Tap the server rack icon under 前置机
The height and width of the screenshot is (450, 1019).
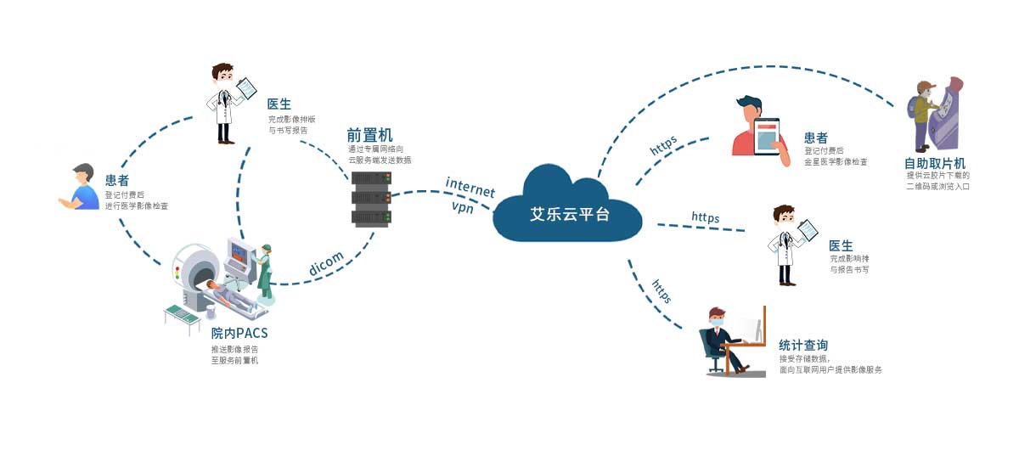click(x=371, y=198)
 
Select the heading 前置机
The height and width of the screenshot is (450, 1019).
click(x=369, y=135)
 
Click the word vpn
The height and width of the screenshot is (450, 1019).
click(x=464, y=206)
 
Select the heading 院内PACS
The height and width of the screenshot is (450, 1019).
click(x=239, y=332)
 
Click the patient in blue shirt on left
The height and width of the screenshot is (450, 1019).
click(x=80, y=188)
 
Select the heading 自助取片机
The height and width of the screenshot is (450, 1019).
click(x=935, y=163)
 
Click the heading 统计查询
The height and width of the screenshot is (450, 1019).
click(x=803, y=345)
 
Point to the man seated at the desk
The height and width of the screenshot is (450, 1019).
click(x=722, y=340)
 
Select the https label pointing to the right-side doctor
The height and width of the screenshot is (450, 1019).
click(x=705, y=218)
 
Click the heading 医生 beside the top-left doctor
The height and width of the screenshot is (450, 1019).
click(x=279, y=104)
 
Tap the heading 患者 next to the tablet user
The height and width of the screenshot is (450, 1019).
click(x=816, y=138)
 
